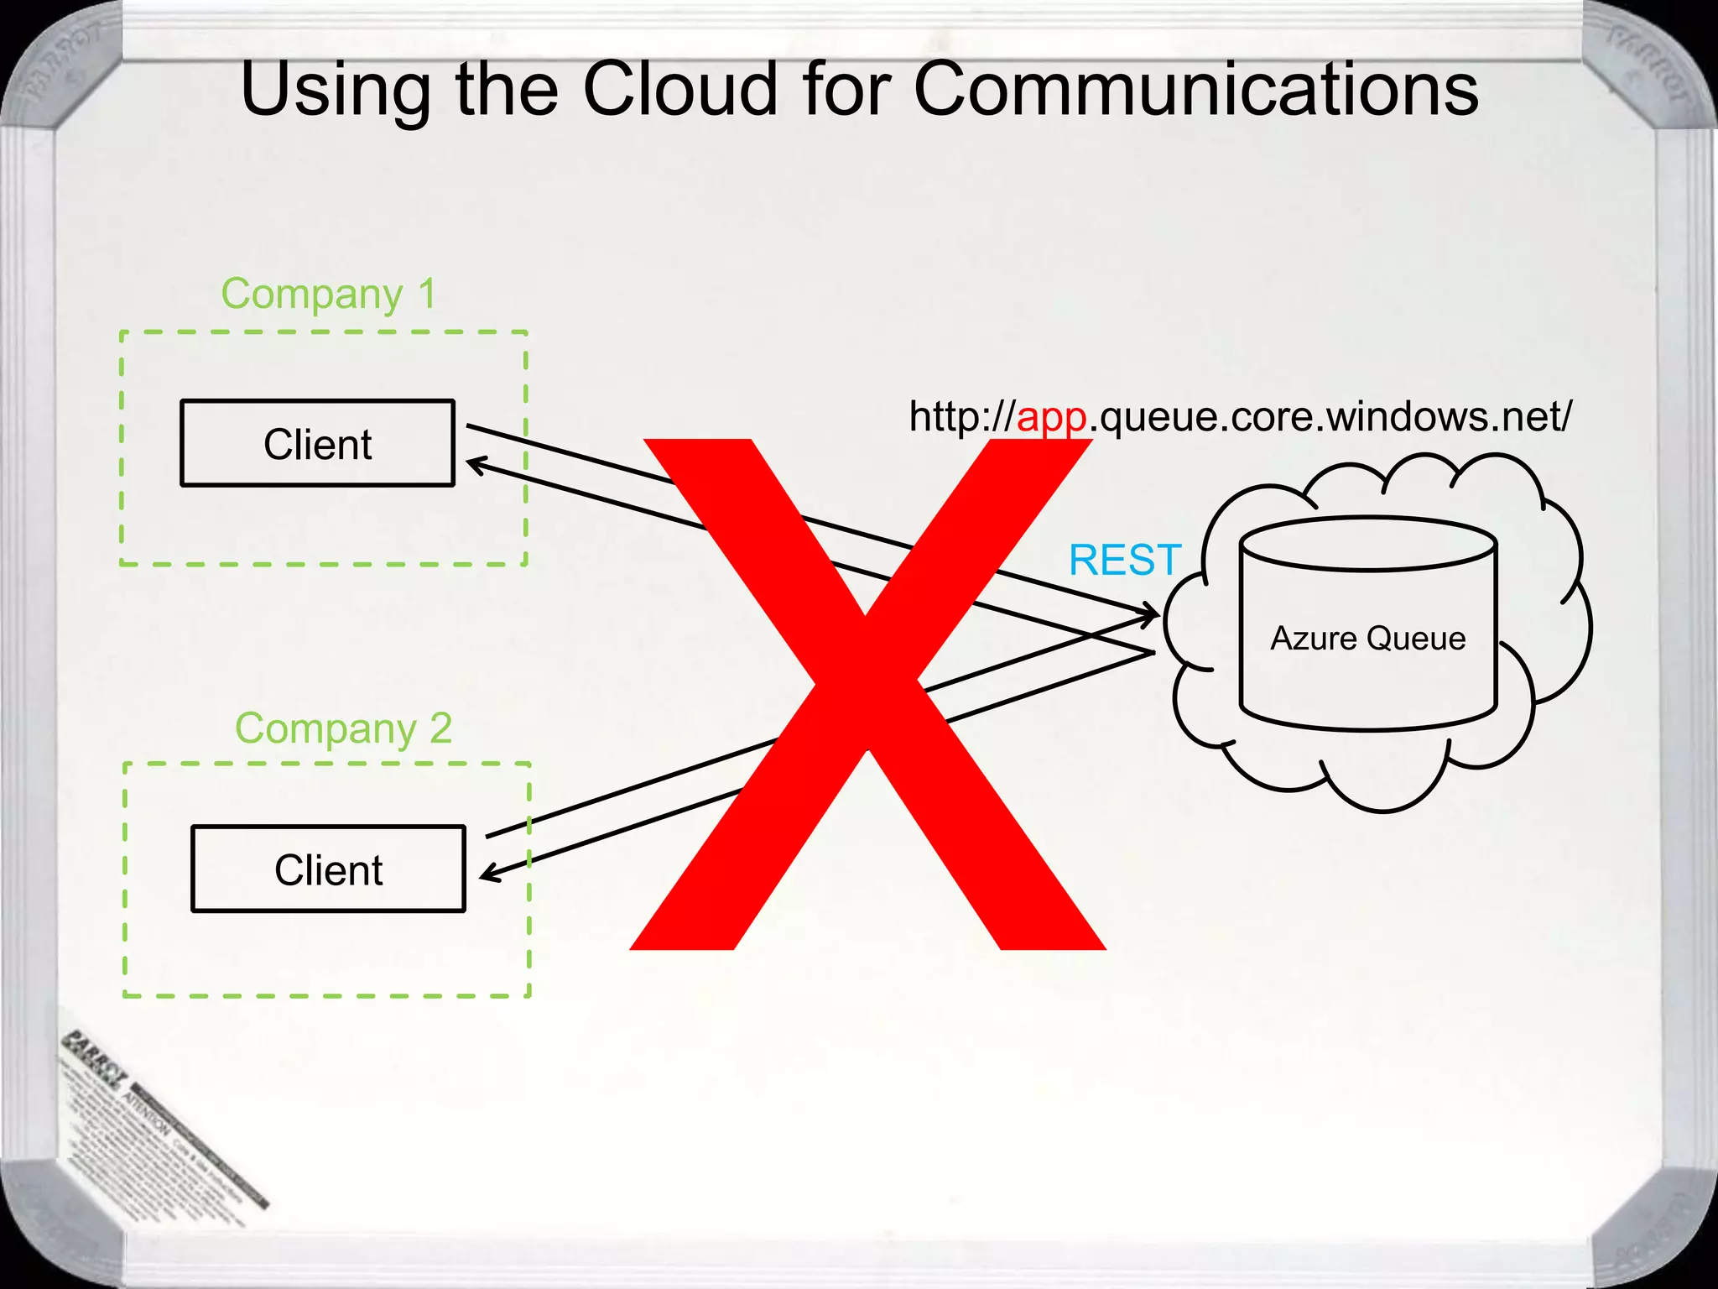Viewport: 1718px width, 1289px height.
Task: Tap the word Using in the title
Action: (335, 91)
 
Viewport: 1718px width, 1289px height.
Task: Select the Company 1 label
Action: (328, 295)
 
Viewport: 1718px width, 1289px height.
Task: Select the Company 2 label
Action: (343, 728)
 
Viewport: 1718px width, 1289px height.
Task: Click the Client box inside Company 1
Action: (317, 443)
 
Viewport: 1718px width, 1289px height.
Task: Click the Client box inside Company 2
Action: (328, 869)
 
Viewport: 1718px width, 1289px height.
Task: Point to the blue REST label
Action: (1124, 560)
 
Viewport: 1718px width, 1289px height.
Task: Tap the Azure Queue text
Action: (1367, 639)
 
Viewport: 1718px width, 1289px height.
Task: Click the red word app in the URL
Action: (1052, 417)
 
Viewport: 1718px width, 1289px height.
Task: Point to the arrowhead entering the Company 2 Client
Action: (489, 874)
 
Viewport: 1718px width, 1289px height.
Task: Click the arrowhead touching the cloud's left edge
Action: (1151, 613)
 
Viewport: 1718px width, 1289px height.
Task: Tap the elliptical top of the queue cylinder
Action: (1368, 544)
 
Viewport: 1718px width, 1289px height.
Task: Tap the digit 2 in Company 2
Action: (440, 728)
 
